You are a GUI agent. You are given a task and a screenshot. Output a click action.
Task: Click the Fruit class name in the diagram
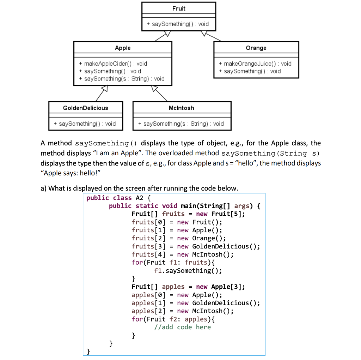coord(179,8)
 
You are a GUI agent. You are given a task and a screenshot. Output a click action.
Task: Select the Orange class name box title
coord(256,48)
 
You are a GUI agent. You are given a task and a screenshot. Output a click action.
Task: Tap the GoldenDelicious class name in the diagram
coord(86,108)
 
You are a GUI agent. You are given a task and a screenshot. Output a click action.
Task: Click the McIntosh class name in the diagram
coord(182,108)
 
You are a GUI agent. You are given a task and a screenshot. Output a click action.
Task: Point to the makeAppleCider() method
coord(113,64)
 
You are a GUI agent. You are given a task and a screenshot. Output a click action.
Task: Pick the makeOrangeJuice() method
coord(255,64)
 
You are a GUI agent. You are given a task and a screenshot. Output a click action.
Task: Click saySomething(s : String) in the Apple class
coord(122,79)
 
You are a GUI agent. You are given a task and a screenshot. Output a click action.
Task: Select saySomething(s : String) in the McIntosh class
coord(181,124)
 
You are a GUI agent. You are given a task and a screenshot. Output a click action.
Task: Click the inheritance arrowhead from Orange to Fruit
coord(204,34)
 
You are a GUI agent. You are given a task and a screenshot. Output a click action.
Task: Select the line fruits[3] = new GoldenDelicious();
coord(196,246)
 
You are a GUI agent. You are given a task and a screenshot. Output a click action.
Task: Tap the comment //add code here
coord(182,327)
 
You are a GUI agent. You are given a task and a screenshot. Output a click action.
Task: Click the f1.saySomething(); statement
coord(188,271)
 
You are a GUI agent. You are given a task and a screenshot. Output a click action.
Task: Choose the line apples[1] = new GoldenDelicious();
coord(196,303)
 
